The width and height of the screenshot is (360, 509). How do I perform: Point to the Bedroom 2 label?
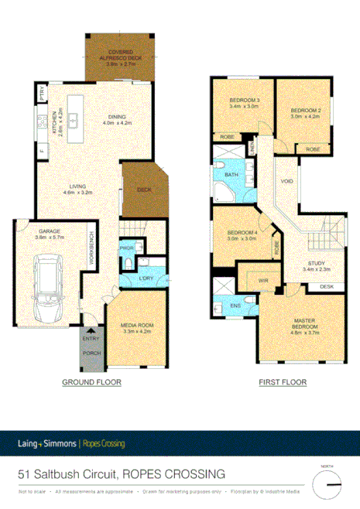tap(305, 114)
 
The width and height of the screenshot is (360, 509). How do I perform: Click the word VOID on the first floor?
tap(286, 182)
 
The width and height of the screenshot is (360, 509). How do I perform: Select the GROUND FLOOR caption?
tap(92, 382)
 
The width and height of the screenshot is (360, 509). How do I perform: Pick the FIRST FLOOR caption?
tap(283, 382)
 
